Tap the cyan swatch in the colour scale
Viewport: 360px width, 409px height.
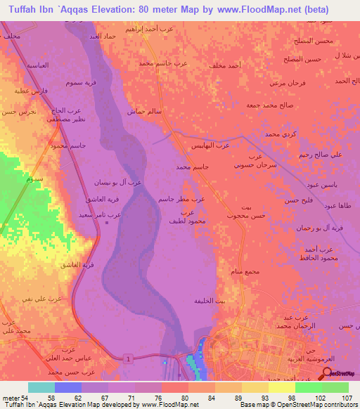(41, 387)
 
